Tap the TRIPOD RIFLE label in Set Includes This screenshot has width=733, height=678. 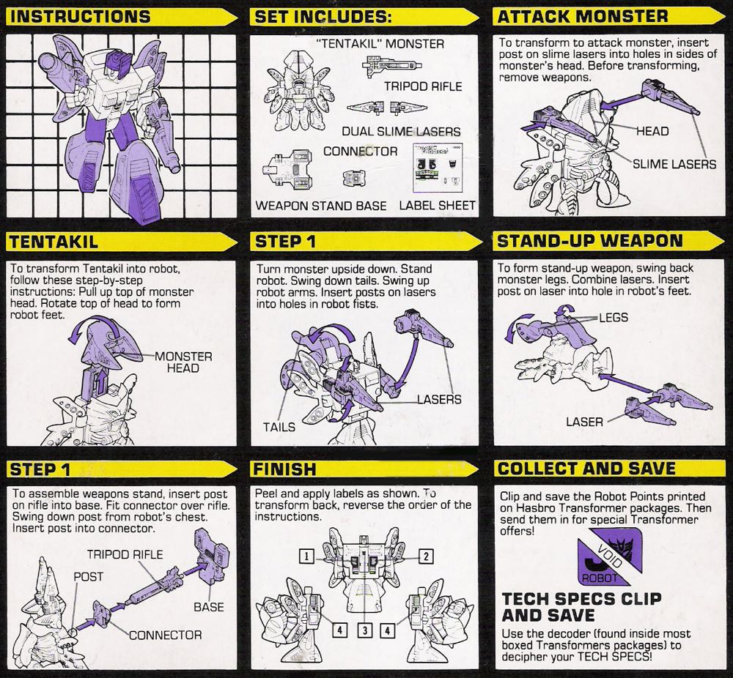[x=423, y=86]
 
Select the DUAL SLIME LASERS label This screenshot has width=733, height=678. [x=401, y=131]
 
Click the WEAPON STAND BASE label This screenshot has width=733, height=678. [x=321, y=206]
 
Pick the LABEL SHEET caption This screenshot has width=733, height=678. [x=437, y=206]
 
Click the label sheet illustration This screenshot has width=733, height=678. [x=438, y=168]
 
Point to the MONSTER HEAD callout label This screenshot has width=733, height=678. [x=183, y=362]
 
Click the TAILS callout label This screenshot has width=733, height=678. [x=279, y=428]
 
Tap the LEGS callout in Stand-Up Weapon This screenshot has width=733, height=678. [x=614, y=318]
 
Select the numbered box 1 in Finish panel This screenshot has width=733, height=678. [x=306, y=556]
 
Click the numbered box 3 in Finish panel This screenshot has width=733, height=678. [x=364, y=630]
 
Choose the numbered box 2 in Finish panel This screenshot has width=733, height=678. [x=426, y=556]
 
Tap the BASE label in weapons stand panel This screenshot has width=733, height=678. [x=209, y=607]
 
